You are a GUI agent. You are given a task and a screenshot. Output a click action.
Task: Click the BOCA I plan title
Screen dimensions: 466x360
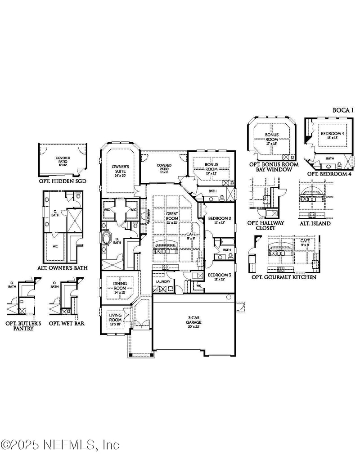click(x=344, y=110)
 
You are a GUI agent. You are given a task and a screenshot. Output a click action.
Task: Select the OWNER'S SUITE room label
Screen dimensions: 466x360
click(x=121, y=169)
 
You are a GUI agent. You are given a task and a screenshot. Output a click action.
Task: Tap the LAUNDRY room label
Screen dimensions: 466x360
click(x=163, y=281)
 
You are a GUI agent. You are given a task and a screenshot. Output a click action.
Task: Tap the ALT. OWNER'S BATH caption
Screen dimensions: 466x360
click(x=62, y=268)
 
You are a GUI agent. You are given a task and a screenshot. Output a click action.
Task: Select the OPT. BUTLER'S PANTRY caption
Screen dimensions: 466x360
click(x=19, y=326)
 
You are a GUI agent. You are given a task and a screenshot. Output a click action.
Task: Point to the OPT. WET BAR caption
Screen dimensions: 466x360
click(x=67, y=323)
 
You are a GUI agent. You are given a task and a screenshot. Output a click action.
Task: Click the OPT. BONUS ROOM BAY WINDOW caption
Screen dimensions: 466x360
click(x=274, y=167)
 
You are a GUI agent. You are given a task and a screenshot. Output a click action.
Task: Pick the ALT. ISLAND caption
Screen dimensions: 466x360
click(x=315, y=223)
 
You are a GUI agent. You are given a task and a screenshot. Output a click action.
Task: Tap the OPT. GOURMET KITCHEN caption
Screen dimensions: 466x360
click(x=283, y=277)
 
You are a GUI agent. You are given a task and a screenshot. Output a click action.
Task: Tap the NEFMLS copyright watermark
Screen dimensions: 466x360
click(x=60, y=445)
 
